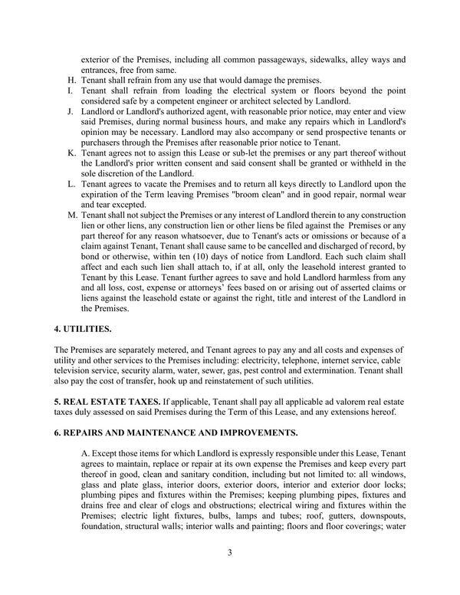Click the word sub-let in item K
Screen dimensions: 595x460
238,153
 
